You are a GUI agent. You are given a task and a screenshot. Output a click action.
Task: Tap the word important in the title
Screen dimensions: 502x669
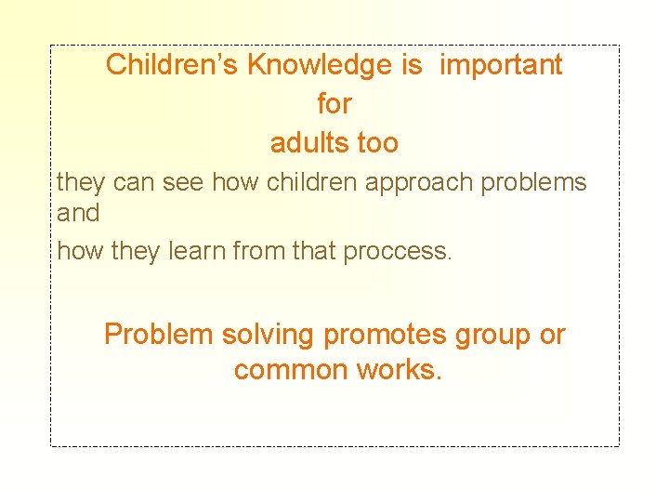[501, 65]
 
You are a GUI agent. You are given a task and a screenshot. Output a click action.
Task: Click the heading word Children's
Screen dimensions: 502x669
[173, 65]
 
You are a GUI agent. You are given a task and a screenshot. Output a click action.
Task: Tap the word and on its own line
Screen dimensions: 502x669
[78, 213]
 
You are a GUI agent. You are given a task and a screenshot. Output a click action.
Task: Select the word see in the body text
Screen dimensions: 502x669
[182, 182]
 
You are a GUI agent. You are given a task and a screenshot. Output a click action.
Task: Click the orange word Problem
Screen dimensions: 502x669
[159, 335]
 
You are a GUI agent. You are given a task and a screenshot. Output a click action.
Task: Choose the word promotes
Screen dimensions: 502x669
[384, 335]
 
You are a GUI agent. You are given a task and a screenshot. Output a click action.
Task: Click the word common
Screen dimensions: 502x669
[292, 370]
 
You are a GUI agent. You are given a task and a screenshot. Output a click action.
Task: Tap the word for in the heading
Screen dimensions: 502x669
[334, 104]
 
